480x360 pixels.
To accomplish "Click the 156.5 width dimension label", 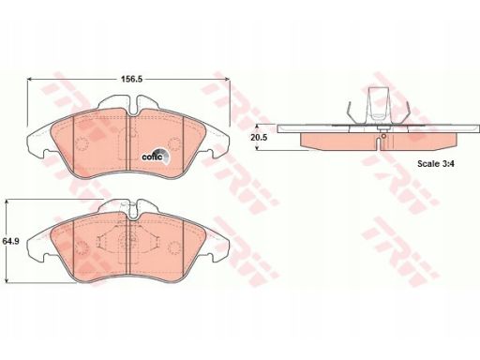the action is coord(131,80).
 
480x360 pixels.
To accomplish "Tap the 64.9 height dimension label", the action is coord(10,241).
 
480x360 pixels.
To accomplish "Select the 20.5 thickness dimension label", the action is coord(259,137).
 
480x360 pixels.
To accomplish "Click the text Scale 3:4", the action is coord(436,163).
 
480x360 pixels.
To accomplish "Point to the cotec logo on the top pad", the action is coord(156,156).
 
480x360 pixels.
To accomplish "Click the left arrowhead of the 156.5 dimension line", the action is coord(30,80).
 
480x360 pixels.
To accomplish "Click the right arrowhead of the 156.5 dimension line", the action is coord(227,80).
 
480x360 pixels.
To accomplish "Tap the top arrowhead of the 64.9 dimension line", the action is coord(7,202).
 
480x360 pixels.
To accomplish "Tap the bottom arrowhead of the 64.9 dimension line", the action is coord(7,280).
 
